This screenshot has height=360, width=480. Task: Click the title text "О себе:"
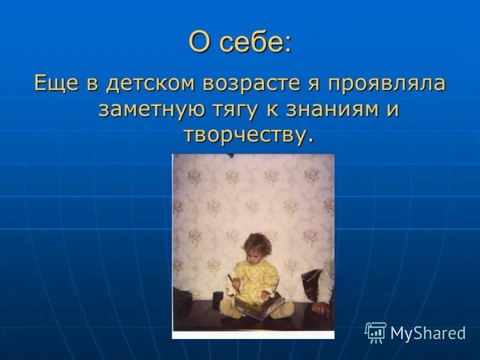coord(240,43)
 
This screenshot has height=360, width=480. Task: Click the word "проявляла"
coord(390,83)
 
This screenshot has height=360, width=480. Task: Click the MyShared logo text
coord(428,333)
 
